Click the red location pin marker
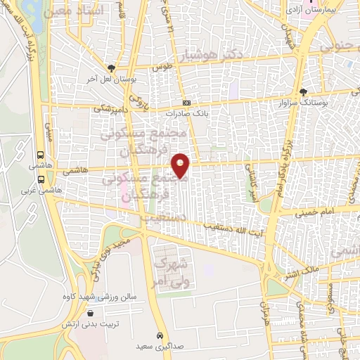(181, 165)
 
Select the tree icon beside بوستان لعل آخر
(110, 67)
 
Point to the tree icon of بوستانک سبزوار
(303, 91)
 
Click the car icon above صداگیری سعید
(160, 335)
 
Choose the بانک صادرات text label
(184, 112)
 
